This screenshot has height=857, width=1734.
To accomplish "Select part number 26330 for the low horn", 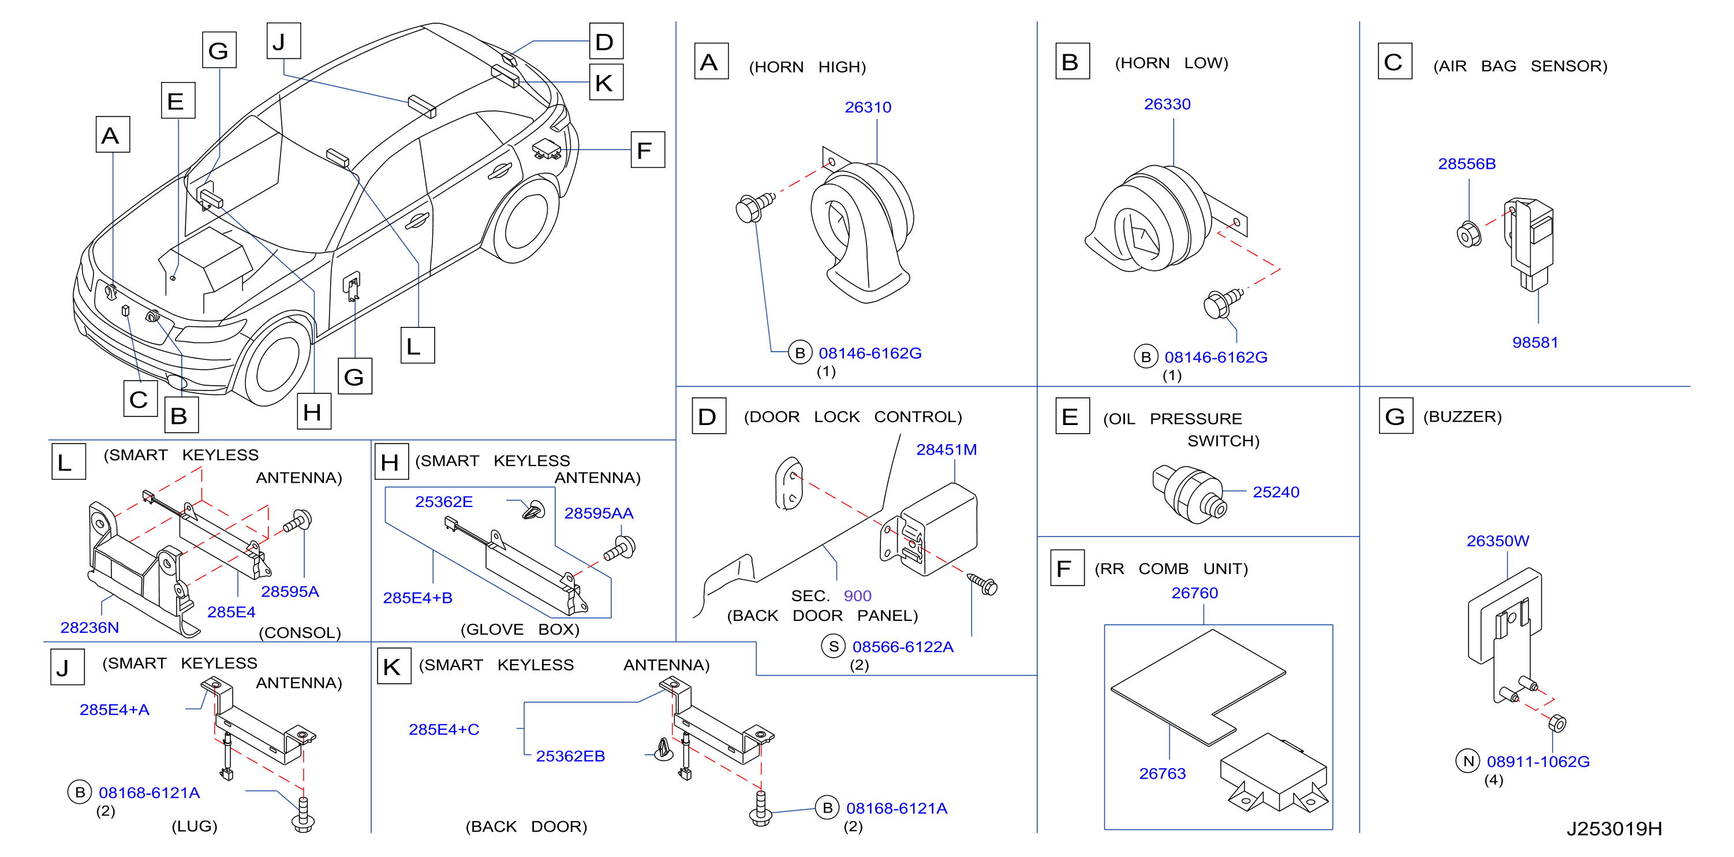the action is coord(1167,105).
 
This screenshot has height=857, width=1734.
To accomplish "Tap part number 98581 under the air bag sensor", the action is coord(1535,342).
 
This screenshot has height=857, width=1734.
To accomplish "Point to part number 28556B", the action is coord(1467,163).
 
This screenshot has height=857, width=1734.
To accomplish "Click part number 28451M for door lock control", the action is coord(947,449).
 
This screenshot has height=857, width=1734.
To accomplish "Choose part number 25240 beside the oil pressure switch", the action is coord(1276,492).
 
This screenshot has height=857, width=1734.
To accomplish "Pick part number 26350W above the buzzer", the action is coord(1498,541).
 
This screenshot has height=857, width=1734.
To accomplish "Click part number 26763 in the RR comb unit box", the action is coord(1163,773).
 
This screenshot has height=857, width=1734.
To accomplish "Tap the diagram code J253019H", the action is coord(1614,829).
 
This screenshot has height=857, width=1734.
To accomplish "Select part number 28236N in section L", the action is coord(89,627).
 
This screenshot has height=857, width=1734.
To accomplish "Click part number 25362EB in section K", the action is coord(570,756).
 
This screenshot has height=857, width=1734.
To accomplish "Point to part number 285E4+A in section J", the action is coord(114,710).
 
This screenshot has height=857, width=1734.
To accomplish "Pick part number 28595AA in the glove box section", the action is coord(599,513).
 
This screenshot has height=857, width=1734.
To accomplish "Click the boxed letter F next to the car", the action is coord(647,150).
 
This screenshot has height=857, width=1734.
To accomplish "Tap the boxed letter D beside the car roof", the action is coord(606,41).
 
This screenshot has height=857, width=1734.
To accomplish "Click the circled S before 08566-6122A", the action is coord(834,646).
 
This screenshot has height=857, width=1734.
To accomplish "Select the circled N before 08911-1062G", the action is coord(1468,761).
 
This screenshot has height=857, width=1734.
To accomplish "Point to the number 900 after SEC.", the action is coord(857,596).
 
